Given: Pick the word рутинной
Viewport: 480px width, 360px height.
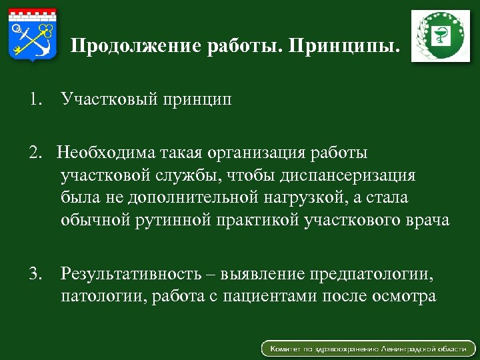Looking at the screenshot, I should coord(167,221).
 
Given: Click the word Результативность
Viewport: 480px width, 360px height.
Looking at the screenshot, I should coord(131,273).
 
